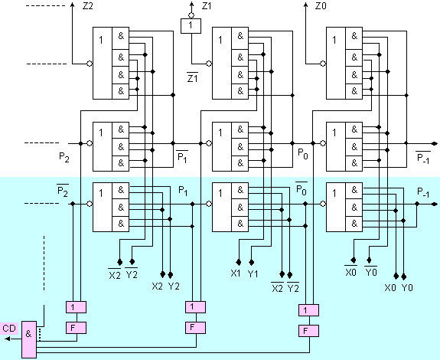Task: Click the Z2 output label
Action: click(x=87, y=6)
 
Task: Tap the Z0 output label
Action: click(x=321, y=6)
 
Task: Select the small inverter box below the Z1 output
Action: click(x=191, y=26)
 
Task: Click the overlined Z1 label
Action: click(x=192, y=77)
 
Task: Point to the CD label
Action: click(x=9, y=329)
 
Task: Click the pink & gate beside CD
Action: click(x=29, y=339)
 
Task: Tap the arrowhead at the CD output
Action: click(x=8, y=339)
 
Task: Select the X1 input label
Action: click(x=236, y=273)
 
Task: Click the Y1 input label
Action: click(x=253, y=273)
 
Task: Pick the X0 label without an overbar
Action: click(x=390, y=288)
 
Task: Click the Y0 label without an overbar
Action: click(x=407, y=288)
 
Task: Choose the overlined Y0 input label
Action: click(x=370, y=271)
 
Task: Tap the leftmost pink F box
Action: click(x=76, y=328)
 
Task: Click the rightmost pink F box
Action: click(x=308, y=331)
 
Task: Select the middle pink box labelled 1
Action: click(x=195, y=307)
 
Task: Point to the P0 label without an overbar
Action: click(x=302, y=154)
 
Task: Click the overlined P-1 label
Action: click(x=423, y=158)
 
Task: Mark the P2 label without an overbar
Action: click(x=64, y=157)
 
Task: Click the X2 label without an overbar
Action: click(x=157, y=286)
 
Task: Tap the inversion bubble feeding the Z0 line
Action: click(x=323, y=64)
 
